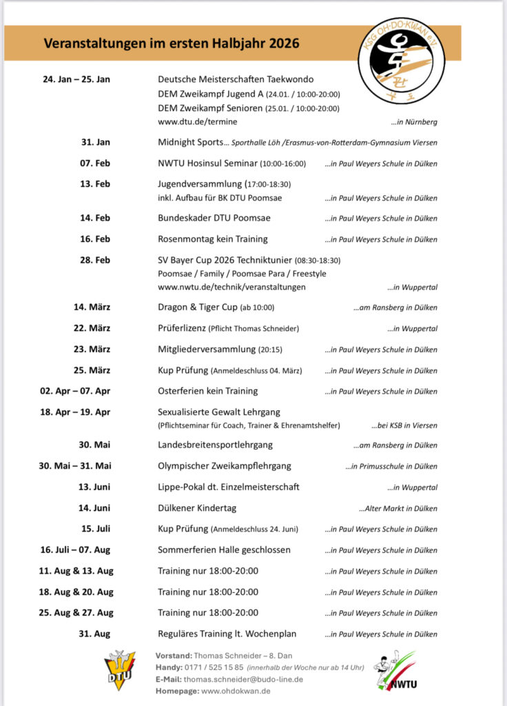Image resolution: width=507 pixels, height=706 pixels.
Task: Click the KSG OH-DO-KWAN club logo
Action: tap(402, 60)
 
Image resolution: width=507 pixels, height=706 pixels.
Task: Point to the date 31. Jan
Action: tap(95, 142)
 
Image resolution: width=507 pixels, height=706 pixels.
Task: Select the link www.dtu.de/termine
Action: tap(198, 121)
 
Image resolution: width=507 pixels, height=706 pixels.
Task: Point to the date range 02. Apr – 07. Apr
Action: tap(75, 391)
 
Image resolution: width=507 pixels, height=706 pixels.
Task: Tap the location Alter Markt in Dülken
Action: tap(397, 509)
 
